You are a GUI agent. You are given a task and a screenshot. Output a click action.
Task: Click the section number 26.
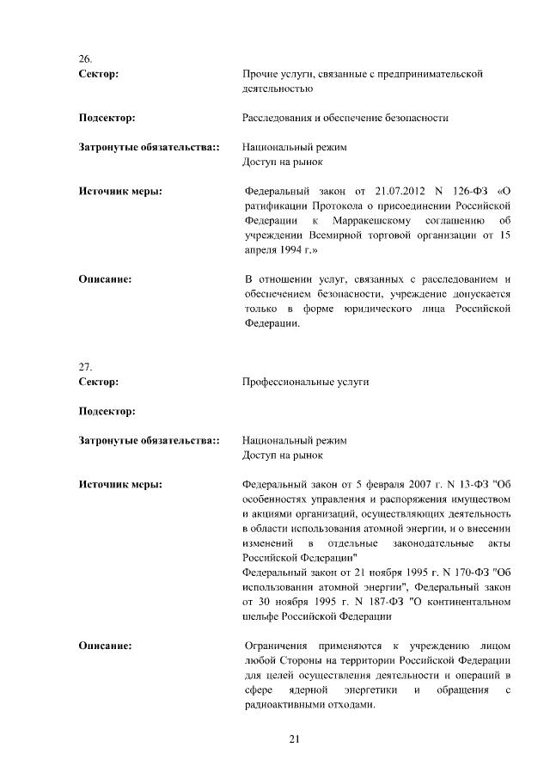click(x=85, y=59)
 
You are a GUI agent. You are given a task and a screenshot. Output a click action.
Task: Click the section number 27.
click(x=85, y=366)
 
